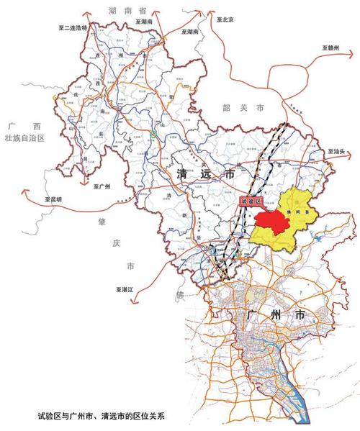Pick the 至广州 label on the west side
pyautogui.click(x=102, y=187)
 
